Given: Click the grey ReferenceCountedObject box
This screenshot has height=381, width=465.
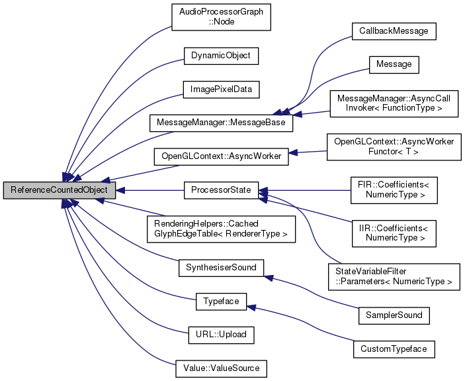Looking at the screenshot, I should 60,191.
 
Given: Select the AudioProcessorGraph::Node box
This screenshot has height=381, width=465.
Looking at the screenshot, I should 221,17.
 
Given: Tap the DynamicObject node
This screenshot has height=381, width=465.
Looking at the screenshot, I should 221,56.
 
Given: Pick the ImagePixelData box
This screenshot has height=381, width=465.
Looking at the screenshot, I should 221,88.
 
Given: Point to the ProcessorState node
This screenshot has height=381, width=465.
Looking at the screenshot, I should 221,191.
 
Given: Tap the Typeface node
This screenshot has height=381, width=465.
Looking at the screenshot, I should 221,301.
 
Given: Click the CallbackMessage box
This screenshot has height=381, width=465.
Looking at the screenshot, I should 394,31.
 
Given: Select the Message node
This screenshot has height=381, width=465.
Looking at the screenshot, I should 394,65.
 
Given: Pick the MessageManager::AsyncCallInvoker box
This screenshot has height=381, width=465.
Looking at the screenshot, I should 394,103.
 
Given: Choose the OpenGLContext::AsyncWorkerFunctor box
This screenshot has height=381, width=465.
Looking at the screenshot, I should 394,146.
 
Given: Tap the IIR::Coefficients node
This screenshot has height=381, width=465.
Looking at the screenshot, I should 394,229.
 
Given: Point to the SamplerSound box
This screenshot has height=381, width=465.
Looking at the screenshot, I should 394,315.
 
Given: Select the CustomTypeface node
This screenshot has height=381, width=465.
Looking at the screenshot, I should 394,348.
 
